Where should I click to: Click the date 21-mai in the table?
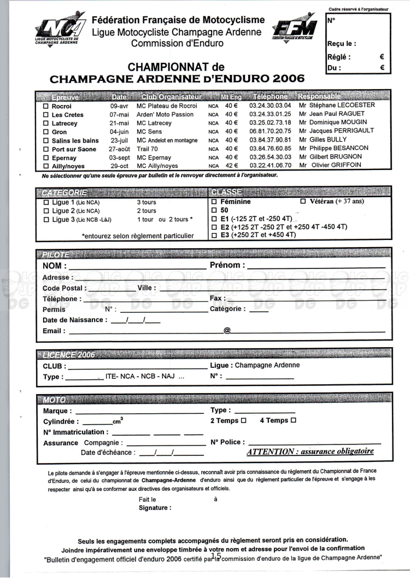[x=119, y=123]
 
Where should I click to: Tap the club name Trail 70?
[x=148, y=148]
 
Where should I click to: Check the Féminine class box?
[x=214, y=202]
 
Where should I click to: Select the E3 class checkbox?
[x=214, y=235]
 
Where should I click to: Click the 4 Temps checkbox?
[x=293, y=420]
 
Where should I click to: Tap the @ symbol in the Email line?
[x=227, y=331]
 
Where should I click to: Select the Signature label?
[x=155, y=507]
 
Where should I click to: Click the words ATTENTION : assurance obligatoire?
[x=311, y=452]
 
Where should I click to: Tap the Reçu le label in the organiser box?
[x=342, y=44]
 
